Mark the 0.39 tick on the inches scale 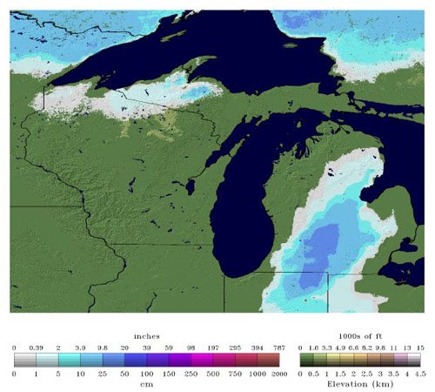(37, 347)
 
